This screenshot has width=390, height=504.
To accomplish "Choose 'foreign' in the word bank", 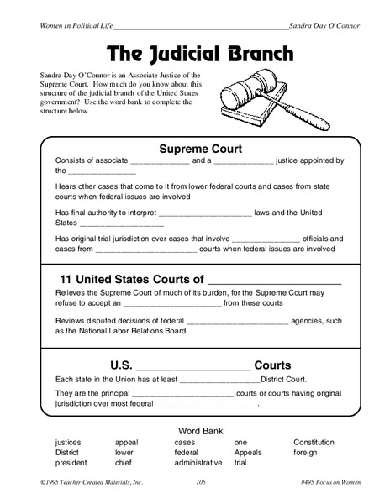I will point(308,452).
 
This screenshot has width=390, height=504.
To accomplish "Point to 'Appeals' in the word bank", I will point(249,452).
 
